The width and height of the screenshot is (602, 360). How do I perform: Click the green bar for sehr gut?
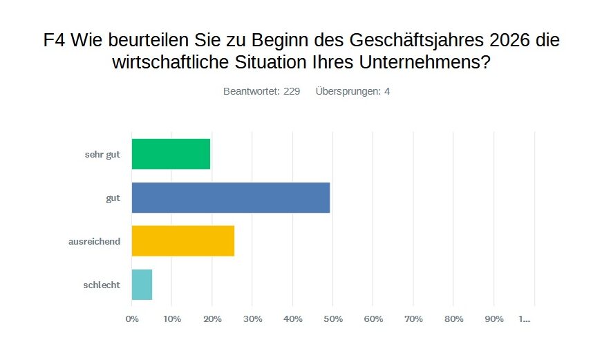pyautogui.click(x=171, y=154)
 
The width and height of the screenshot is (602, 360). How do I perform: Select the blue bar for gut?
pyautogui.click(x=230, y=198)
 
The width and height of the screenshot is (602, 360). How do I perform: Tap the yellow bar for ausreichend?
pyautogui.click(x=182, y=241)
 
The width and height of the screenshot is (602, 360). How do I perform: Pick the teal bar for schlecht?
pyautogui.click(x=142, y=285)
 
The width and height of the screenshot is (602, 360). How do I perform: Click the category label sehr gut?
pyautogui.click(x=103, y=155)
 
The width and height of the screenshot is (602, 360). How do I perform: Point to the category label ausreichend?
pyautogui.click(x=94, y=241)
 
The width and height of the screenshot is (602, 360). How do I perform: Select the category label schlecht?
pyautogui.click(x=101, y=285)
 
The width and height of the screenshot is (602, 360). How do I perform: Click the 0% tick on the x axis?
pyautogui.click(x=131, y=319)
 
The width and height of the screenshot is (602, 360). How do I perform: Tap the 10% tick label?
pyautogui.click(x=172, y=319)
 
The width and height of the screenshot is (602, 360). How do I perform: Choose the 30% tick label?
pyautogui.click(x=252, y=319)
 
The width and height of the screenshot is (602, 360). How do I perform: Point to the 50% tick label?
pyautogui.click(x=333, y=319)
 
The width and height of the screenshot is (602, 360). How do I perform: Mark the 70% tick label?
pyautogui.click(x=413, y=319)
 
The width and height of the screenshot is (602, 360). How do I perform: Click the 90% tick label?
pyautogui.click(x=493, y=319)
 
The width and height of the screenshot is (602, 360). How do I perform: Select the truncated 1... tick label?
pyautogui.click(x=525, y=319)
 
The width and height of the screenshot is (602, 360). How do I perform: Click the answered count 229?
pyautogui.click(x=292, y=91)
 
